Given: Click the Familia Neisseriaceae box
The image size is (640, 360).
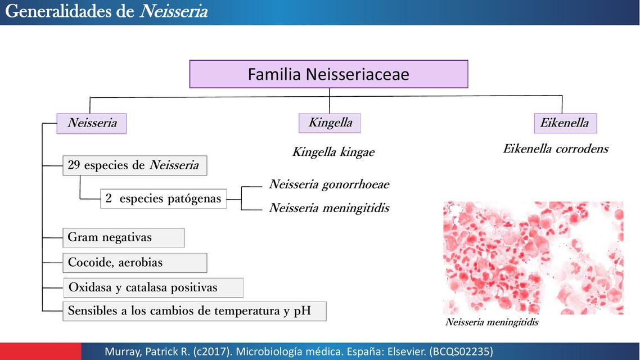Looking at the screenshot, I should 328,74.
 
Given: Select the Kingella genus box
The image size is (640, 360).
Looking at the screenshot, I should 330,123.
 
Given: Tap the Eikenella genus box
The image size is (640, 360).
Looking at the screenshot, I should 565,123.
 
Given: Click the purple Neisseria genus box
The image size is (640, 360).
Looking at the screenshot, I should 92,123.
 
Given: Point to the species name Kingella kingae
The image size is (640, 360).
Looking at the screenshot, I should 333,152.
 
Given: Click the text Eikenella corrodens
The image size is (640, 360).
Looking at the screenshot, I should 555,149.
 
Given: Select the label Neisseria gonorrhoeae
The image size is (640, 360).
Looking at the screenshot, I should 329,184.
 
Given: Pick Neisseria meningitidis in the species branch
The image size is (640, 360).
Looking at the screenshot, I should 329,208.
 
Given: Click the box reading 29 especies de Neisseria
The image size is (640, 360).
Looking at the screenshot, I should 134,165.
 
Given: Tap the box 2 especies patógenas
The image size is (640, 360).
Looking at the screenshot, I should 164,199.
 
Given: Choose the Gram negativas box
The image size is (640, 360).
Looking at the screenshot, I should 123,237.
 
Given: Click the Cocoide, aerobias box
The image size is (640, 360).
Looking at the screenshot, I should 134,263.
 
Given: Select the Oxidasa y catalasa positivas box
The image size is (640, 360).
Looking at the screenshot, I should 153,287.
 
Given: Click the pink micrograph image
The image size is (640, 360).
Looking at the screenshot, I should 533,258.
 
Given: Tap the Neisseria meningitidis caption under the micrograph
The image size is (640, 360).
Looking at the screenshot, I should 492,322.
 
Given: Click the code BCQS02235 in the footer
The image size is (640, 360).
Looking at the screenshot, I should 460,352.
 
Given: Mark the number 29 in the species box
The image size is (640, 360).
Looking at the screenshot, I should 74,165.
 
